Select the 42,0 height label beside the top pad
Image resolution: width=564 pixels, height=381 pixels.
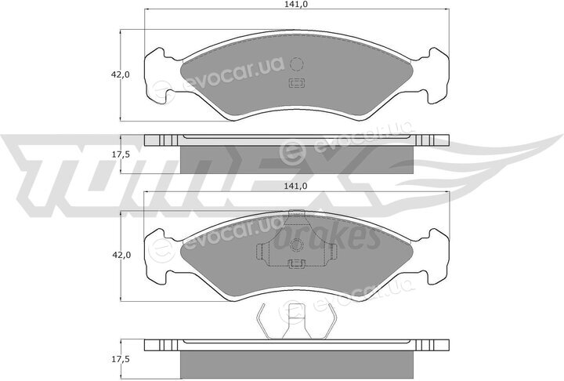coord(121,75)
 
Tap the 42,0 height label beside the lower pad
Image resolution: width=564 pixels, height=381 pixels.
coord(121,256)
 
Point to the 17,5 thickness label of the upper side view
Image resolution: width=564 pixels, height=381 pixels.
coord(121,154)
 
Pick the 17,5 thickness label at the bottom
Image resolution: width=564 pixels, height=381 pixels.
coord(121,359)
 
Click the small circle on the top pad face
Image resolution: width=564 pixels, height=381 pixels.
coord(297,64)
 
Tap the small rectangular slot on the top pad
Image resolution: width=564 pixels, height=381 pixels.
coord(297,83)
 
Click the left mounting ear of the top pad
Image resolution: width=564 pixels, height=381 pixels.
coord(157,75)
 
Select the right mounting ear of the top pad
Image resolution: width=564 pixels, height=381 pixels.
coord(436,75)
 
